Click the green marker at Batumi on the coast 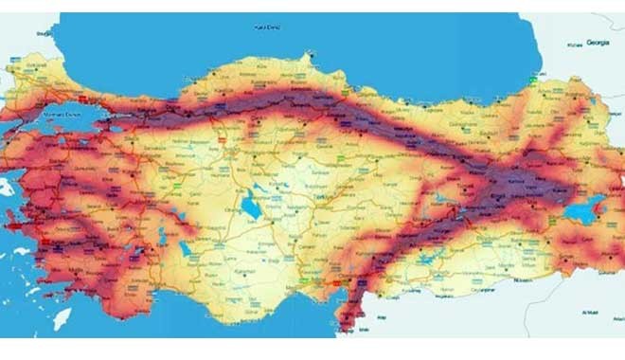(535, 81)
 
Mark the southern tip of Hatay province (351, 327)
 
